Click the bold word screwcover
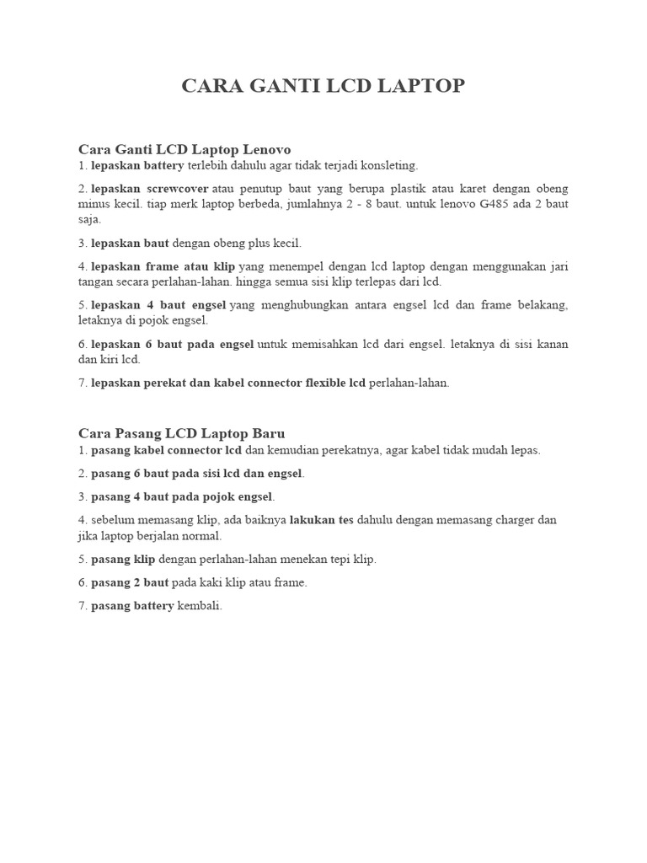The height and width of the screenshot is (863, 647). pos(178,188)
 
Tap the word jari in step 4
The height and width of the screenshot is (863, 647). pos(558,266)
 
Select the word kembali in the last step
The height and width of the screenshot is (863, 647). pos(199,606)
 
